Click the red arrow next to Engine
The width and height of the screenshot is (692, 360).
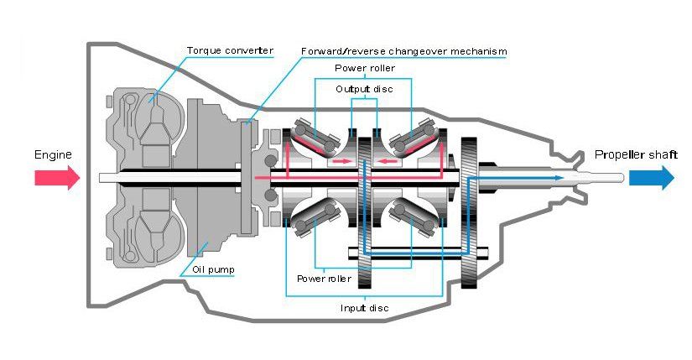[x=56, y=177]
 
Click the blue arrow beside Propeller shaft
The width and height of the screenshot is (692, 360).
[x=651, y=177]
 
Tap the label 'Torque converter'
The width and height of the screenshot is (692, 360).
[x=229, y=51]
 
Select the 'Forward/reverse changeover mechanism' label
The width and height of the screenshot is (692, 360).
[x=403, y=51]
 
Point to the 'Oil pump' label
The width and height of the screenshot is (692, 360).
[x=212, y=270]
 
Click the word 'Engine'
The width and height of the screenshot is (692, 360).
[x=53, y=155]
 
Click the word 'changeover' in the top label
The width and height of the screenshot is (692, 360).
[x=413, y=51]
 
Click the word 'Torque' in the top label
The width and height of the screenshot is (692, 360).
[x=205, y=51]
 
